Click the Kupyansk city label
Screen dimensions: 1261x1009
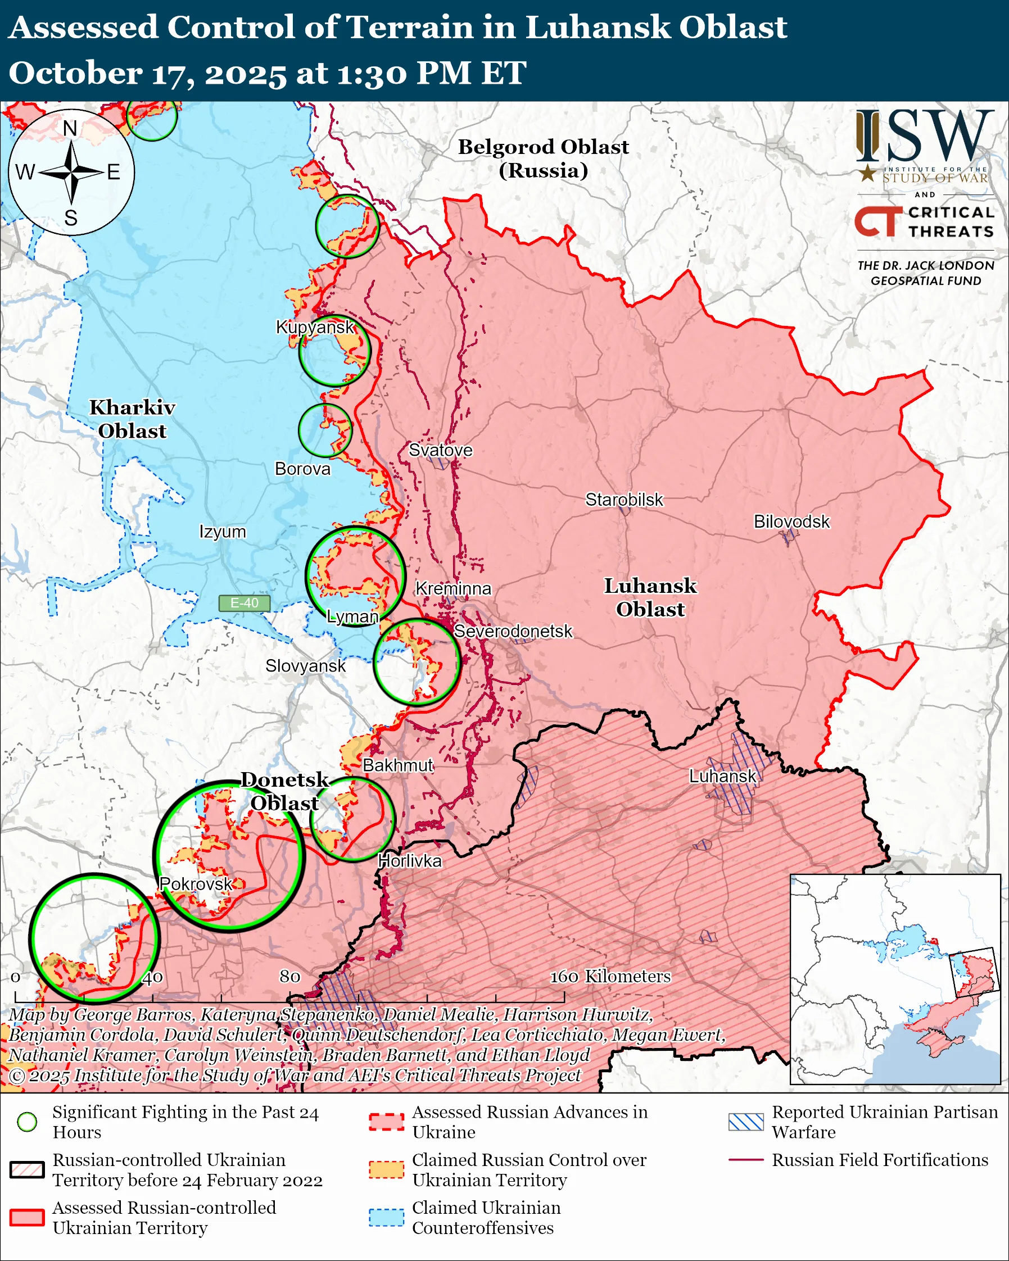(x=315, y=327)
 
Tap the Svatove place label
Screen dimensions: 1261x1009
(x=441, y=450)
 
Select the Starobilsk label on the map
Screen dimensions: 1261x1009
(x=624, y=500)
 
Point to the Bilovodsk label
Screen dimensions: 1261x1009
(x=791, y=521)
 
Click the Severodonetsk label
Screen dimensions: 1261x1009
(x=513, y=632)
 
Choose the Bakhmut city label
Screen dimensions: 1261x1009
(x=398, y=765)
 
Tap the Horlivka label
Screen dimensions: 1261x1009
(x=409, y=861)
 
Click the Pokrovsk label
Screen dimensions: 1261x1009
(x=196, y=884)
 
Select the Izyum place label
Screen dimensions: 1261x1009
(x=222, y=532)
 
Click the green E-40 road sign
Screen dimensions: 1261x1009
(x=245, y=603)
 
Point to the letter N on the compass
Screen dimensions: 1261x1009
(x=70, y=129)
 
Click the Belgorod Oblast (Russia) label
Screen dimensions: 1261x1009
(x=543, y=158)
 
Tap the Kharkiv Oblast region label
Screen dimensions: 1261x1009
(x=132, y=419)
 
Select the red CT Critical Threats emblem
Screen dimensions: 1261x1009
(x=877, y=221)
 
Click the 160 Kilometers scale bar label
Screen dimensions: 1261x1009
(x=610, y=976)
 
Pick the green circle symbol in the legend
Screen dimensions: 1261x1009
(x=28, y=1122)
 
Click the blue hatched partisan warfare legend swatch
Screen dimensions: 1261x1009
(x=746, y=1122)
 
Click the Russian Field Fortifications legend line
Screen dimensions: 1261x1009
(x=746, y=1159)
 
